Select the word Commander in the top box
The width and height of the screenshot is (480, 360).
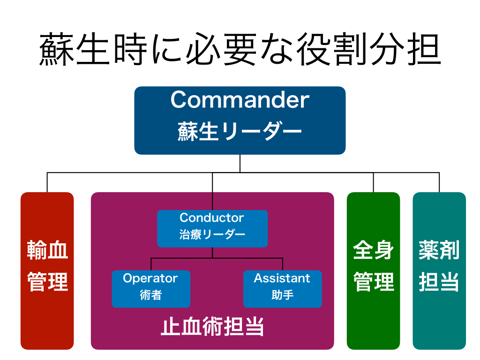[x=240, y=100]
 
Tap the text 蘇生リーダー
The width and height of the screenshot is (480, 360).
[x=240, y=131]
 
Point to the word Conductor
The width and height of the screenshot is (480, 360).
[x=212, y=218]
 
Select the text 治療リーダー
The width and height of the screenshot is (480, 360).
[x=212, y=235]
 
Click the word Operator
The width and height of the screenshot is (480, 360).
[x=150, y=278]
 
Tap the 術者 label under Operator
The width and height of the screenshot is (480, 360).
[x=150, y=295]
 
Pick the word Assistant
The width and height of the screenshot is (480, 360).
[x=282, y=278]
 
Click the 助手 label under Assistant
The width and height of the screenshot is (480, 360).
[x=282, y=295]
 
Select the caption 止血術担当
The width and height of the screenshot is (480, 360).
[x=212, y=327]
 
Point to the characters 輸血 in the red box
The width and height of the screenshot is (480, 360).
[x=47, y=250]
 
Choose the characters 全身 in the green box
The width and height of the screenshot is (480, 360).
[x=373, y=250]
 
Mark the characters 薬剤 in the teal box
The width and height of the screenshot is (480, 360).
[x=439, y=250]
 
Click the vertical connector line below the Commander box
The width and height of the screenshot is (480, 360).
[x=240, y=163]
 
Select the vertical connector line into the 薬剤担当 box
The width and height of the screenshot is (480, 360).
[x=439, y=182]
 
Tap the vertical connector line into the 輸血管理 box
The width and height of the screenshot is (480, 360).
[x=47, y=182]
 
